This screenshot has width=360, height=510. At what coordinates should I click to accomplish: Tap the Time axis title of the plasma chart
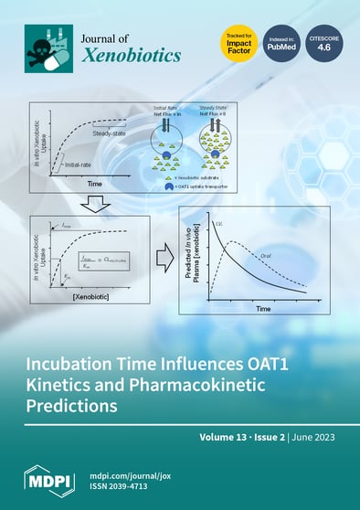click(263, 309)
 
